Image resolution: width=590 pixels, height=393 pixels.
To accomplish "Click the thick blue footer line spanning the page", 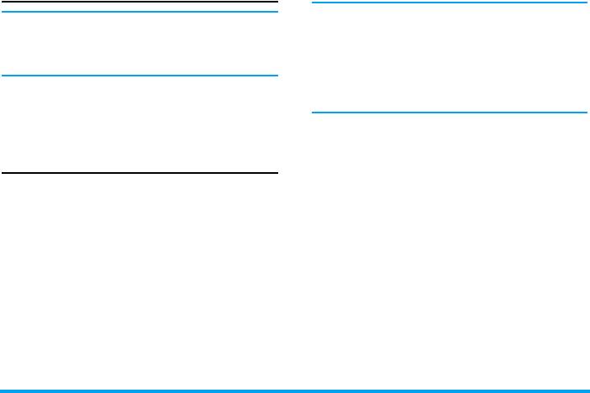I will [295, 390].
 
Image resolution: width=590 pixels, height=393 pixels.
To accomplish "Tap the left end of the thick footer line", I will [2, 390].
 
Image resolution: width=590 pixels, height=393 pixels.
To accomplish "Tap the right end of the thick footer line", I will [588, 390].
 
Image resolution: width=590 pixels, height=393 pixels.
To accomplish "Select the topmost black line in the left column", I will [140, 3].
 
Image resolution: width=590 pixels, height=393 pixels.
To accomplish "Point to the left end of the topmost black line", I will [3, 3].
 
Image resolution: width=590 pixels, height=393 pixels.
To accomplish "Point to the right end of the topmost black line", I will [277, 3].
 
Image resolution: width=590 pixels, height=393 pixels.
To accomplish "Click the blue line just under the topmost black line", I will [140, 12].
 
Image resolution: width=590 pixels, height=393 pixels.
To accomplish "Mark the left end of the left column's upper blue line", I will [3, 12].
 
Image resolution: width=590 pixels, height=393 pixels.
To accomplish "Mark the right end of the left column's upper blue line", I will [277, 12].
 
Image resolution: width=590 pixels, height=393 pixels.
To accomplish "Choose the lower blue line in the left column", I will [140, 76].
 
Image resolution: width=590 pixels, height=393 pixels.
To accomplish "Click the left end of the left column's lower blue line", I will [3, 76].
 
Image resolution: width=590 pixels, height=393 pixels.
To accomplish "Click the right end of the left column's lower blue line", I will [277, 76].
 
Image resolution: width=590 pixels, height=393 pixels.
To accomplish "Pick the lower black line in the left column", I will [140, 173].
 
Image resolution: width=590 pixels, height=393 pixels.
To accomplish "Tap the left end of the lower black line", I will [3, 173].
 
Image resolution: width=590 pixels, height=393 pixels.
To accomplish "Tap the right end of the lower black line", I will [277, 173].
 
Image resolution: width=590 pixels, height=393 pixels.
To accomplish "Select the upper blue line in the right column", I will [449, 3].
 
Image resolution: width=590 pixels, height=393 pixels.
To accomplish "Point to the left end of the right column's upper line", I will [313, 3].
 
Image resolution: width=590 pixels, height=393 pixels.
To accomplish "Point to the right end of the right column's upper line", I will [586, 3].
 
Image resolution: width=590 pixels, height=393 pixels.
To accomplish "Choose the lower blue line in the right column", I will [449, 112].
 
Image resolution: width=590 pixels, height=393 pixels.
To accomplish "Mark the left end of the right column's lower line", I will [313, 112].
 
